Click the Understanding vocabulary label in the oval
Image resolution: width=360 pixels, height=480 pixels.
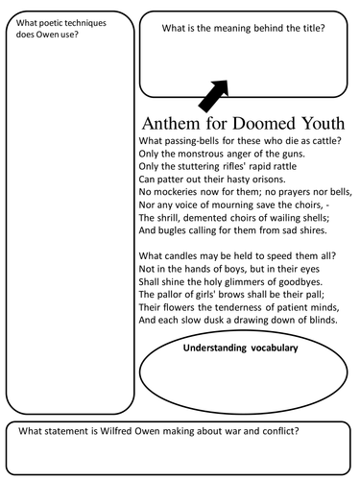240,348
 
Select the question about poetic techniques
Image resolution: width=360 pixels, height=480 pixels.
58,30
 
